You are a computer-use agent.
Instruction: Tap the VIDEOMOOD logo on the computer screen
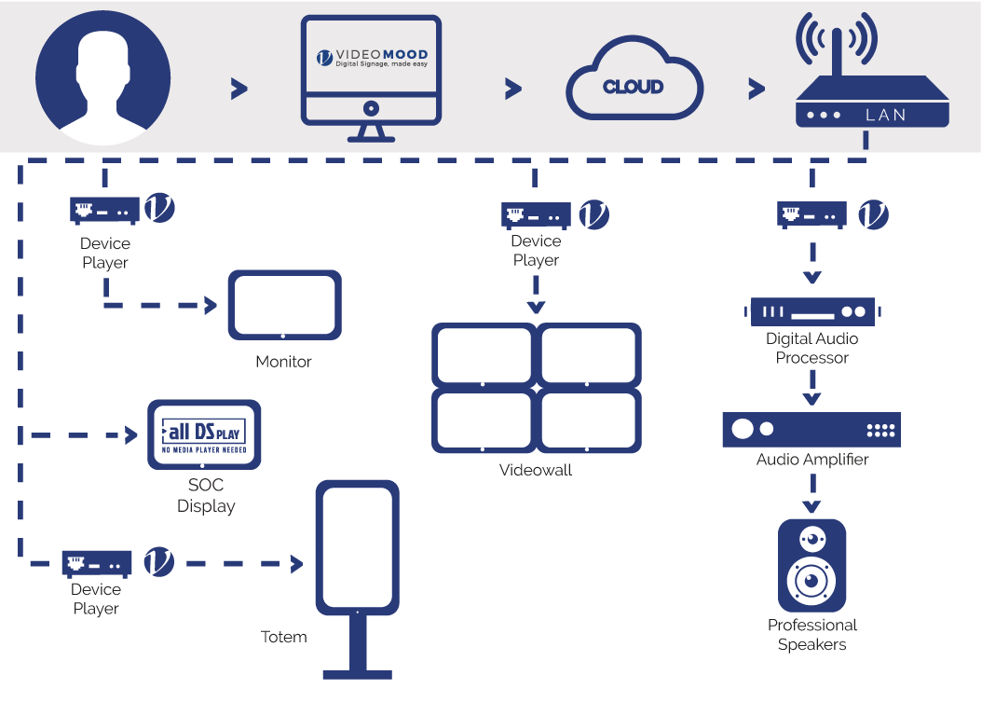point(371,57)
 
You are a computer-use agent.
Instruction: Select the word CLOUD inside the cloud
point(633,87)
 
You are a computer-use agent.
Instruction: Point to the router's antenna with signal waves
point(836,42)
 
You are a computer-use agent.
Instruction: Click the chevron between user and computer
point(239,89)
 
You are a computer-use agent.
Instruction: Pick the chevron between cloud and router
point(756,89)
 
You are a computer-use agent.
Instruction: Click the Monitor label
point(283,362)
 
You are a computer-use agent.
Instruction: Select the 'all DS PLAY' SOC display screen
point(204,434)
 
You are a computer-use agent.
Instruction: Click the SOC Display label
point(206,496)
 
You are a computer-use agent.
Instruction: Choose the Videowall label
point(536,470)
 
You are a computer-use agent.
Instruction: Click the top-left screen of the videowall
point(484,355)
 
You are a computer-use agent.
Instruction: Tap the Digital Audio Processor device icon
point(812,311)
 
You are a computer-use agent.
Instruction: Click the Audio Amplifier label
point(812,460)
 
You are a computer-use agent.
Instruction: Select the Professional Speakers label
point(812,635)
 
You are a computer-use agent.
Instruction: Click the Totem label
point(284,638)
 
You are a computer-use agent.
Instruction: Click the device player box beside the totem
point(97,563)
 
